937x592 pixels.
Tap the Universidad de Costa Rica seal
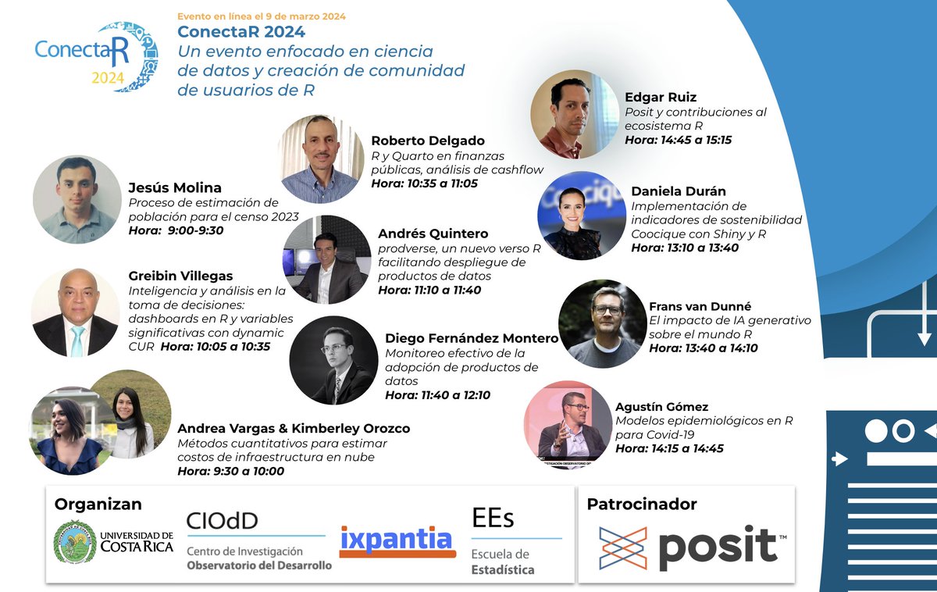coord(75,541)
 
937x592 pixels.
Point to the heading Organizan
coord(98,505)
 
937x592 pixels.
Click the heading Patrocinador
coord(642,505)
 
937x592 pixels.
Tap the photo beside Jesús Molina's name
coord(77,199)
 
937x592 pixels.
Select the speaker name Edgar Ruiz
coord(661,98)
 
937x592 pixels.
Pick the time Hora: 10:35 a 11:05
coord(424,184)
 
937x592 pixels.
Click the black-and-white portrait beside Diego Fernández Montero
coord(333,360)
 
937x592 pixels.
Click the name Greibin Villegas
coord(180,276)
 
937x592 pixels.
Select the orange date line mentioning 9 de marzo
coord(261,16)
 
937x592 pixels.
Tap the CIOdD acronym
coord(222,520)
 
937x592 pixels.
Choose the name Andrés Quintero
coord(433,234)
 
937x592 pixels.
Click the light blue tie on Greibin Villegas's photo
coord(77,341)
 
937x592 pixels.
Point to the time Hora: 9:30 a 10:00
coord(230,471)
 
